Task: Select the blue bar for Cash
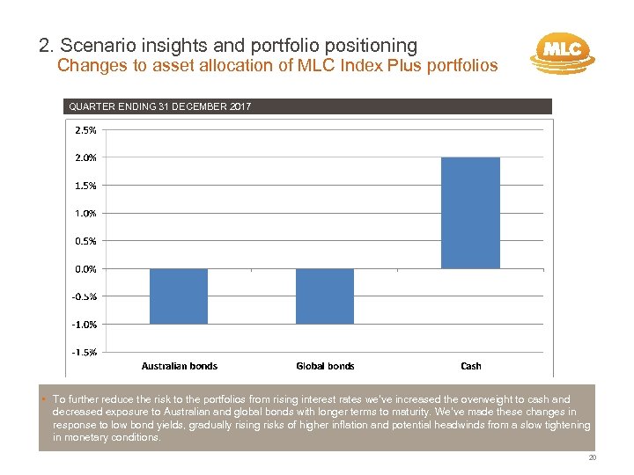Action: (470, 213)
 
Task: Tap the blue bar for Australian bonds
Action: (179, 296)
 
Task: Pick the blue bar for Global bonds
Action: (325, 296)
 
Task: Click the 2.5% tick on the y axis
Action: (85, 129)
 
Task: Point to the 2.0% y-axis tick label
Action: (85, 157)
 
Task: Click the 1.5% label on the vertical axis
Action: (85, 185)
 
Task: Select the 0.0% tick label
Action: (85, 268)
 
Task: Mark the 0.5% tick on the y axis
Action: (85, 240)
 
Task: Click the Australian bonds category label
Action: (180, 366)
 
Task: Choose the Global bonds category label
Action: (325, 366)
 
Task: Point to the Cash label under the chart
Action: (471, 366)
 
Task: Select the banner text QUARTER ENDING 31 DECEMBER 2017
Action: (159, 106)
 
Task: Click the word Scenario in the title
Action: (92, 44)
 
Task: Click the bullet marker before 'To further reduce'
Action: (44, 399)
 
